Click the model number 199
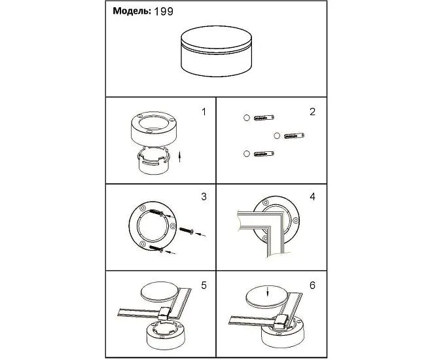point(164,12)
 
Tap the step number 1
point(204,112)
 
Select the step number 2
point(312,112)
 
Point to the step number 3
point(204,196)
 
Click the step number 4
point(312,196)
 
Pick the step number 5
point(204,285)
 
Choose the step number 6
point(312,285)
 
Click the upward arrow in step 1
point(179,156)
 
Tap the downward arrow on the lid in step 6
point(267,292)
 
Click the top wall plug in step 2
point(264,118)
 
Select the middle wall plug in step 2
point(294,135)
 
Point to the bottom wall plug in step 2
point(264,154)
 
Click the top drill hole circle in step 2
point(247,118)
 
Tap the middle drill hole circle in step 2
point(277,135)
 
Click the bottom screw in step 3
point(156,248)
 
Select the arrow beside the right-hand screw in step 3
point(200,235)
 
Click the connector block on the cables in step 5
point(164,314)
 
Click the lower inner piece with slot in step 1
point(153,162)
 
